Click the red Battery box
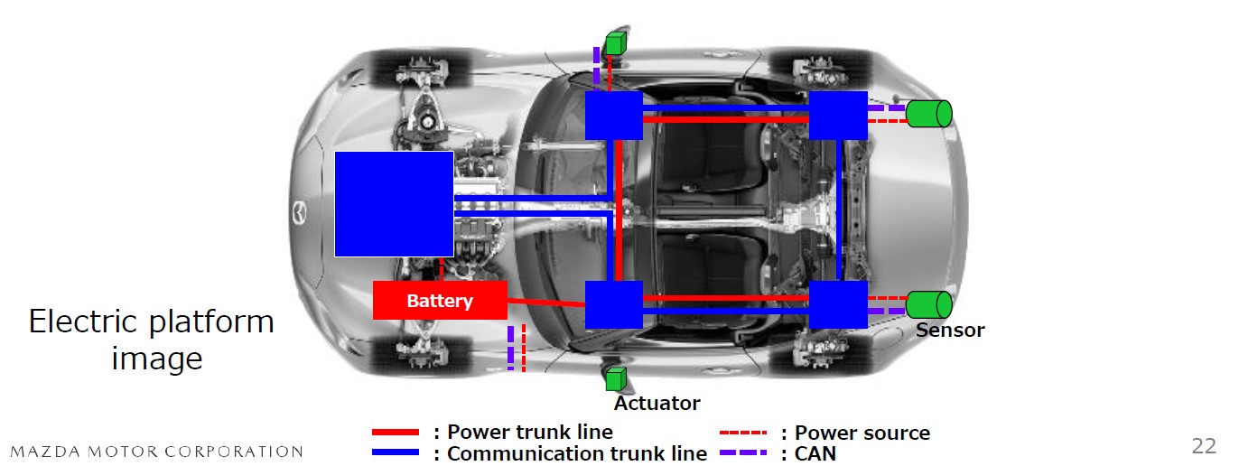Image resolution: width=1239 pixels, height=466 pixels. (440, 300)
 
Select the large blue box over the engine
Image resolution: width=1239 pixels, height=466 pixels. (394, 204)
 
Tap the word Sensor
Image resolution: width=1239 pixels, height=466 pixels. (950, 331)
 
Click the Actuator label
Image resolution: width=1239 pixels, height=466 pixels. (657, 403)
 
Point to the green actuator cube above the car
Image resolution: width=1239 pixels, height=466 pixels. (616, 42)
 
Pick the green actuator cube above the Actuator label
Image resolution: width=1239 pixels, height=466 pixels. (616, 380)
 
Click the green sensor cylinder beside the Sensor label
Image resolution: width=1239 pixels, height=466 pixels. (929, 304)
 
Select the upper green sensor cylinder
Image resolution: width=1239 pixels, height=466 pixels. (929, 114)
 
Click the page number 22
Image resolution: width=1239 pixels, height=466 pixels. (1204, 445)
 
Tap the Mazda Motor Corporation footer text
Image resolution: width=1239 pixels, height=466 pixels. (156, 452)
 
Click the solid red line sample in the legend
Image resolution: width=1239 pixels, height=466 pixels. (396, 433)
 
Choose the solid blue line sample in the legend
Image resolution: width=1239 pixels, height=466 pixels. (396, 452)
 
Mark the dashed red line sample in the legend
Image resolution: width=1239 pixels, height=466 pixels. (743, 433)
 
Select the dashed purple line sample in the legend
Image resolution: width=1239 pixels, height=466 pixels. (743, 452)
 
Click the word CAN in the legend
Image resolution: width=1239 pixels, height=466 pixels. (815, 453)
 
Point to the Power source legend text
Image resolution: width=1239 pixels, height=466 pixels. (862, 433)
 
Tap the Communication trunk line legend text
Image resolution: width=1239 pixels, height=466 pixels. (576, 453)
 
